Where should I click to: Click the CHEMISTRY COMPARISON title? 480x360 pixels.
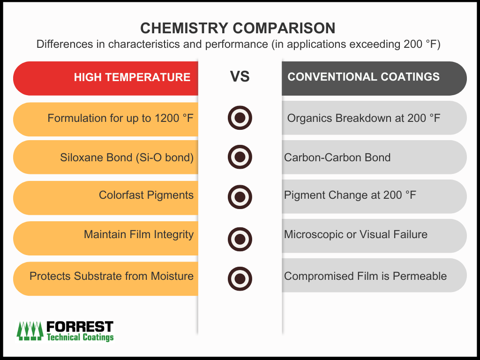click(x=238, y=28)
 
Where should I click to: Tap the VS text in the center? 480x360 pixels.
click(x=240, y=77)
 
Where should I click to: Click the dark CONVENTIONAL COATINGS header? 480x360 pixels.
click(x=364, y=77)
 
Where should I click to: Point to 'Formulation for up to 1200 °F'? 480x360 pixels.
click(x=121, y=118)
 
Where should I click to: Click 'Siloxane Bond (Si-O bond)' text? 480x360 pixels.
click(x=127, y=157)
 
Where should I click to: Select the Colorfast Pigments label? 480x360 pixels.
click(x=146, y=195)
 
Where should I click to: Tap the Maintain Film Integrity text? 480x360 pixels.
click(x=139, y=234)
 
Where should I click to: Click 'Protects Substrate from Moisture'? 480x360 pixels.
click(x=112, y=276)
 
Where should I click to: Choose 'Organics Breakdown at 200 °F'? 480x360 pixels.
click(x=364, y=118)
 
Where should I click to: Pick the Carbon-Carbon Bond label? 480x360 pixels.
click(x=337, y=157)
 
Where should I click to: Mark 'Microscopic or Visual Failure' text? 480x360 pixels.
click(x=356, y=234)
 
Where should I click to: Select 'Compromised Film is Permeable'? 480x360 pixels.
click(x=365, y=276)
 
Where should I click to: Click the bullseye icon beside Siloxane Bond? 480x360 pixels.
click(x=240, y=157)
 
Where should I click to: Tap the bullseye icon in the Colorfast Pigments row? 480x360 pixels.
click(x=240, y=196)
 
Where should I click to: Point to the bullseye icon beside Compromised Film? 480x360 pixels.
click(x=240, y=278)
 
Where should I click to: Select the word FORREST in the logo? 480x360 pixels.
click(x=80, y=326)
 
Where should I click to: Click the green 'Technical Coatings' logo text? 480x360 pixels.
click(x=80, y=337)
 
